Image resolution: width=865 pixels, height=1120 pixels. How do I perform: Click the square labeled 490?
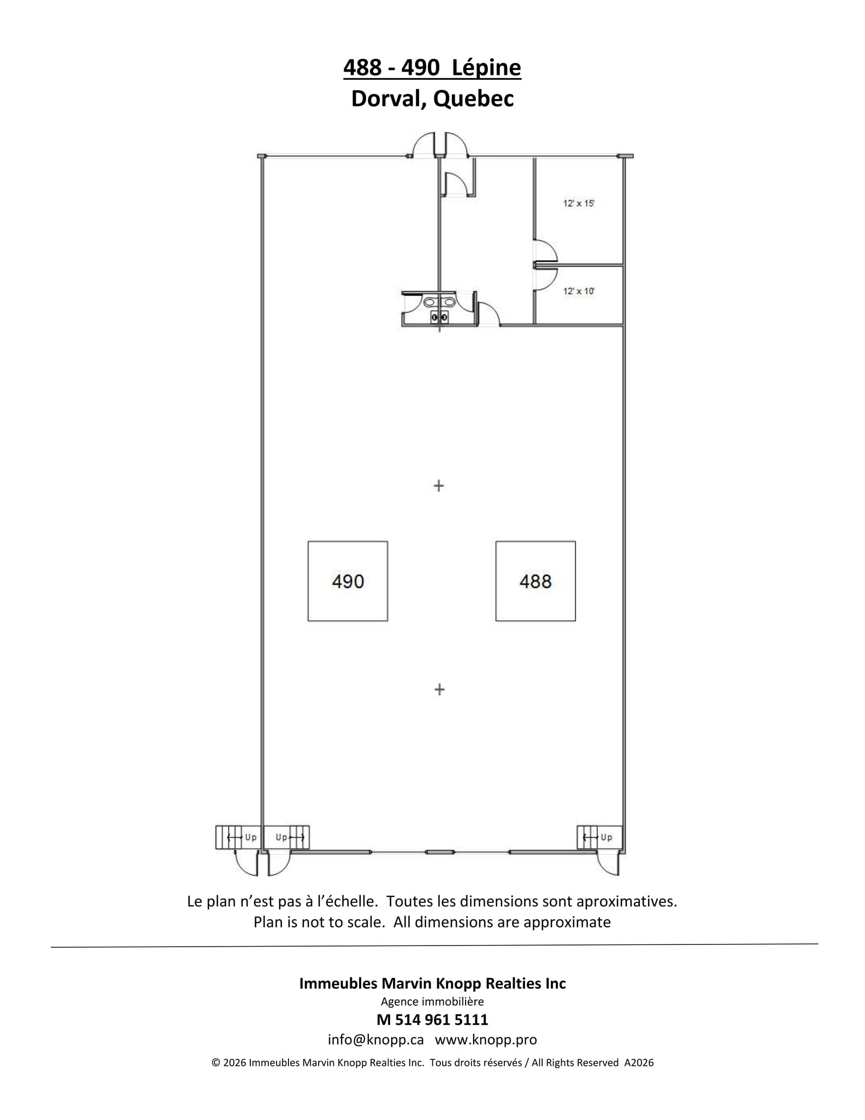tap(348, 581)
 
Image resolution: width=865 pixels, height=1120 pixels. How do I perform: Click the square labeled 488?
tap(535, 581)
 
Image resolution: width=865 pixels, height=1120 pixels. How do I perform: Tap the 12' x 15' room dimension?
tap(579, 203)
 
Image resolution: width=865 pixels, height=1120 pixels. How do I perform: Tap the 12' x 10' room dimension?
tap(579, 291)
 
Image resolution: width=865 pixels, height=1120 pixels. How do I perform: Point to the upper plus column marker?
tap(438, 486)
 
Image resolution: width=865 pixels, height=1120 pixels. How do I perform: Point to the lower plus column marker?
tap(439, 690)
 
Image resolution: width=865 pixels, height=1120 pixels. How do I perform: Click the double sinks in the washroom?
tap(439, 302)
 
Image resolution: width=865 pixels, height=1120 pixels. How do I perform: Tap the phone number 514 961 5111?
tap(439, 1019)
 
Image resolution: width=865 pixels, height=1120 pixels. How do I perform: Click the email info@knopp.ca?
tap(375, 1040)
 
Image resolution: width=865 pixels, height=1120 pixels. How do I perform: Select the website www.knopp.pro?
tap(486, 1040)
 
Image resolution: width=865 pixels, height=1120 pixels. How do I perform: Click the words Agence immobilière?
tap(432, 1001)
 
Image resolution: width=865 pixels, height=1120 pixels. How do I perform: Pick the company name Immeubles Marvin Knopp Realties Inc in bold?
tap(432, 983)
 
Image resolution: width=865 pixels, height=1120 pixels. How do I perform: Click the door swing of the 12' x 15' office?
tap(545, 252)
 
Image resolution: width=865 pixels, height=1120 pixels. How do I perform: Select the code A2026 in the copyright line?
tap(639, 1063)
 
